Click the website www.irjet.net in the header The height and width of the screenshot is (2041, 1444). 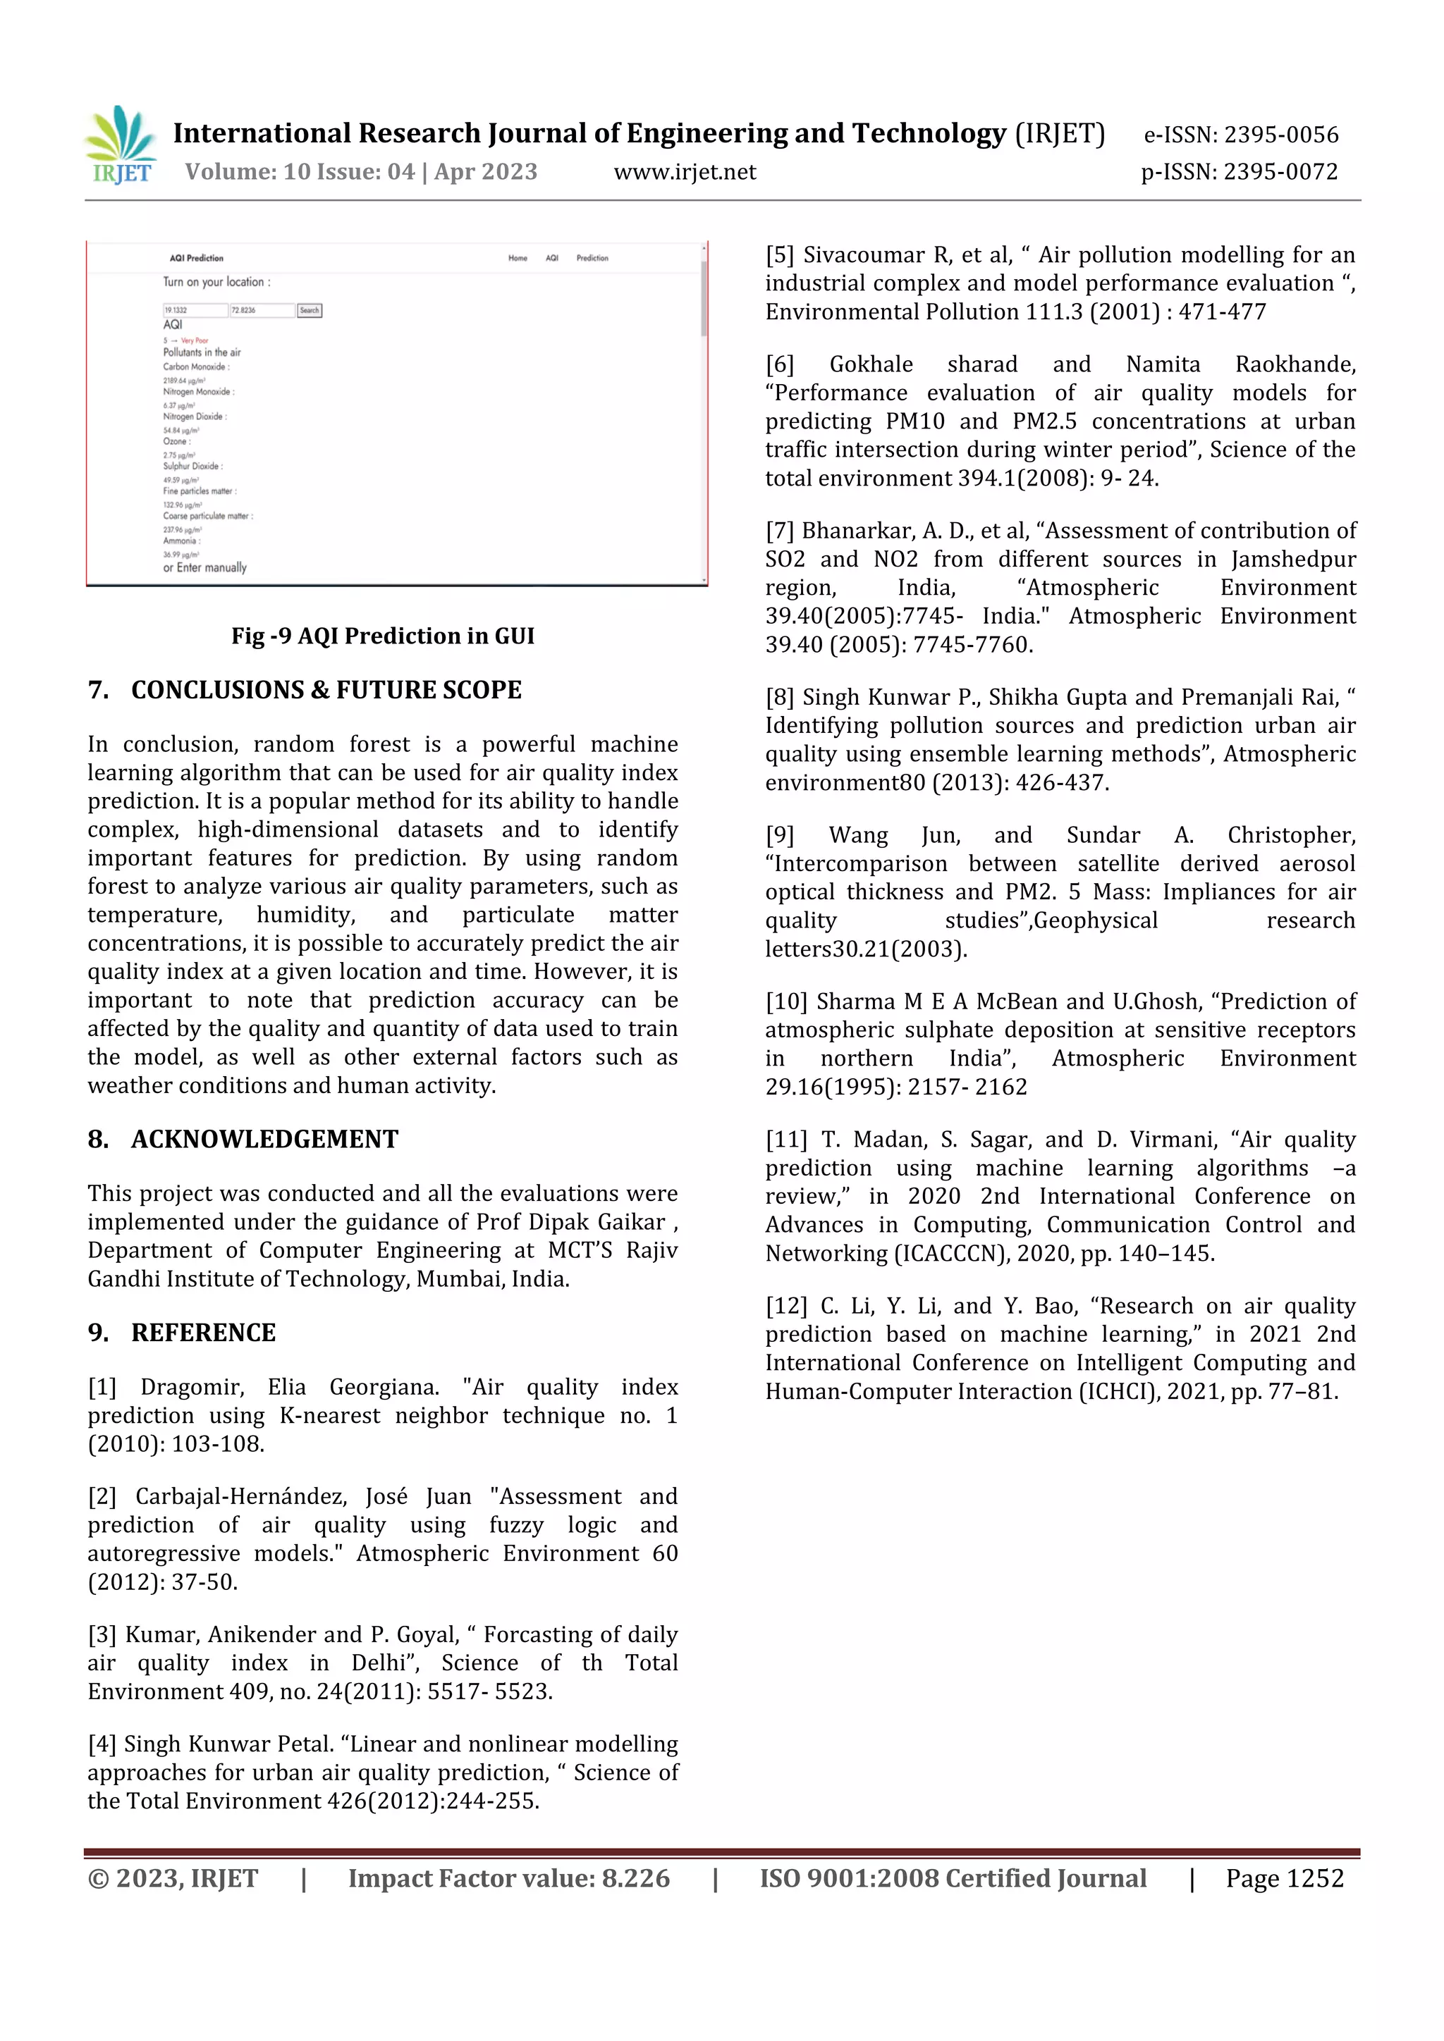(x=685, y=173)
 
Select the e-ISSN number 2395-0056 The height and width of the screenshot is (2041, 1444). (x=1280, y=135)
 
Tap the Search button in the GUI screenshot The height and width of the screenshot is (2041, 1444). (x=310, y=310)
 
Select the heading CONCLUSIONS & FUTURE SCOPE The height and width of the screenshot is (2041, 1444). (x=326, y=690)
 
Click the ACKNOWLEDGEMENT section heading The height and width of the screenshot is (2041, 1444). (x=264, y=1139)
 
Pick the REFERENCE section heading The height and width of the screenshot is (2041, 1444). (x=203, y=1333)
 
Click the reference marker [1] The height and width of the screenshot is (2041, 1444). (x=102, y=1387)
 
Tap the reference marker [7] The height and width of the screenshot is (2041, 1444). (x=780, y=531)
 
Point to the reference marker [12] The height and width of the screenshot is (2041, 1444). (x=786, y=1306)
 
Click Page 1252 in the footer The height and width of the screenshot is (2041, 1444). (x=1284, y=1878)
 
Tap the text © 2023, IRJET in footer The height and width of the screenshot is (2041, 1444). (x=173, y=1878)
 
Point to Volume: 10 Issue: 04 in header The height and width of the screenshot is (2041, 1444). (x=300, y=173)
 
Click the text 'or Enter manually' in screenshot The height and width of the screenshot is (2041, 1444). (x=204, y=567)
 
